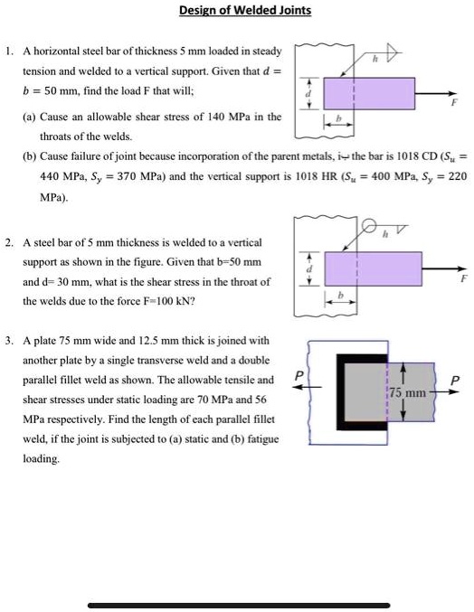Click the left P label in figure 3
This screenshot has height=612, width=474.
299,372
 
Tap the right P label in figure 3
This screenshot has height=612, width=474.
453,381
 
